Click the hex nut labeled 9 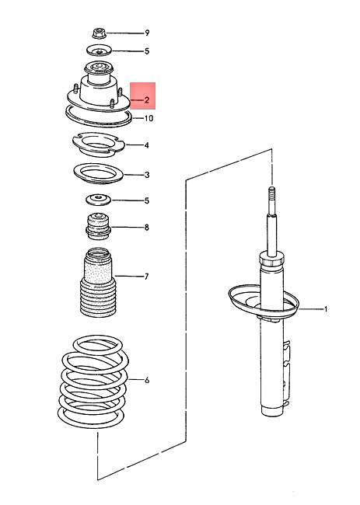click(99, 33)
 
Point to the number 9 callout click(146, 33)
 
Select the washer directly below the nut click(99, 52)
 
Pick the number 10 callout click(148, 118)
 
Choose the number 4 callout click(146, 145)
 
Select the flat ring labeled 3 click(99, 173)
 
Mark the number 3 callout click(146, 176)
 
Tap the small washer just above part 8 click(99, 200)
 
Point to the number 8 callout click(146, 228)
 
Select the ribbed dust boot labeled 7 click(99, 284)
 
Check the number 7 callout click(146, 276)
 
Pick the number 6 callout click(146, 380)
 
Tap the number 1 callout click(325, 309)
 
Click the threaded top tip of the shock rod click(272, 197)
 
